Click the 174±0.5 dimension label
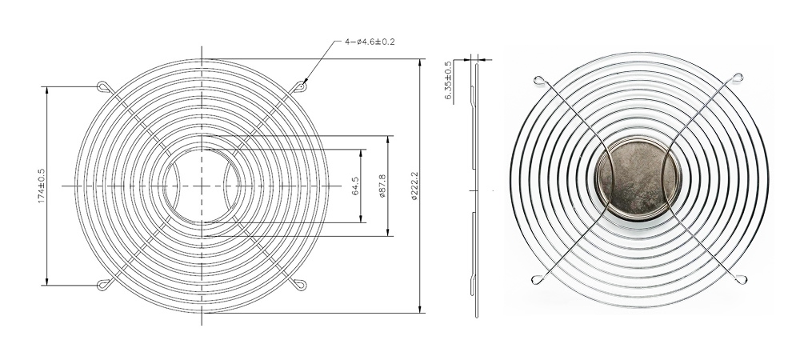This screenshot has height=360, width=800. point(42,186)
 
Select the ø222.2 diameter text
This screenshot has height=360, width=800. point(414,186)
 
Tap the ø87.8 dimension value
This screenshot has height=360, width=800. point(382,186)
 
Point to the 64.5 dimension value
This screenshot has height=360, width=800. point(356,186)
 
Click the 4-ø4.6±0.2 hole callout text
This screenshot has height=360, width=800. point(370,42)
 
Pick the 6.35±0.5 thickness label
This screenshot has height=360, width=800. point(448,81)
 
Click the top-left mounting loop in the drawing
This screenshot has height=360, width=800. point(103,86)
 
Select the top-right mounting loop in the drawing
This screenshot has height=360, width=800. point(300,86)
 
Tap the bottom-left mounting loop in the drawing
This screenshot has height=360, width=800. point(103,285)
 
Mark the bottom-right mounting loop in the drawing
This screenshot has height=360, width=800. point(300,285)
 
